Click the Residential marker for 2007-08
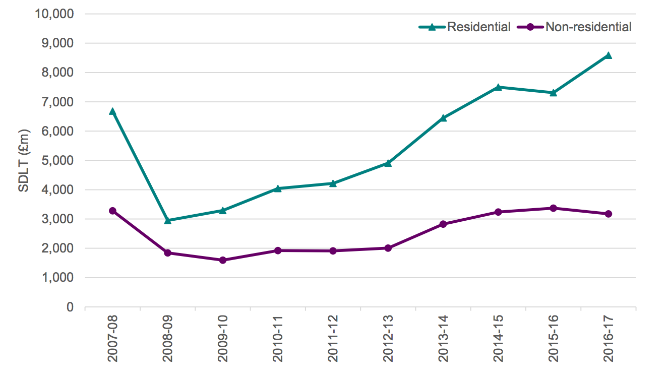112,111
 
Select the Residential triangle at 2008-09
167,220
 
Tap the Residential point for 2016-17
608,55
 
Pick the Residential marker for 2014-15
498,87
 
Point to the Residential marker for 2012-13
388,163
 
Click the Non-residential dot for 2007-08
112,211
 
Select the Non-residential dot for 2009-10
222,260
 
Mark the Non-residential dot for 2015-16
553,208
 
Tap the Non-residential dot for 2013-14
443,224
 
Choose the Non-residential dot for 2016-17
608,214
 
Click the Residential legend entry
465,27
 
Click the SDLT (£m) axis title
24,160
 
